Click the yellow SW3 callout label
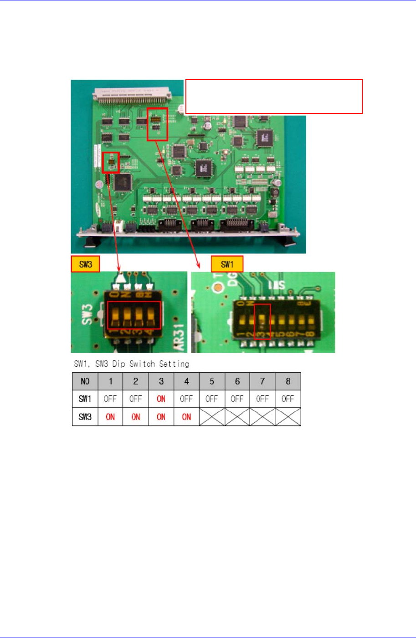(x=85, y=264)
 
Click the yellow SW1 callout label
(x=226, y=264)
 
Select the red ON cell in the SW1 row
(x=161, y=399)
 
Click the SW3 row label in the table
(x=85, y=417)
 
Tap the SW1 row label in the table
(x=85, y=399)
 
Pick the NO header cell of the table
(x=85, y=381)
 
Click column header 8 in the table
(x=288, y=381)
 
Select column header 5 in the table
(x=212, y=381)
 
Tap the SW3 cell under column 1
(x=110, y=417)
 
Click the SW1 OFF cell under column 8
(x=288, y=399)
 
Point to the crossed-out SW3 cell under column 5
(x=212, y=417)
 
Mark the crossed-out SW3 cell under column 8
(x=288, y=417)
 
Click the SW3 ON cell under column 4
(x=186, y=417)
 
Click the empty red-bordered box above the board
(x=273, y=96)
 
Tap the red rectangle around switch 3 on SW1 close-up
(x=262, y=322)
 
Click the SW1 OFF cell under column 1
(x=110, y=399)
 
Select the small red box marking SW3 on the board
(x=111, y=162)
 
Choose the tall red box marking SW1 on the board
(x=157, y=124)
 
